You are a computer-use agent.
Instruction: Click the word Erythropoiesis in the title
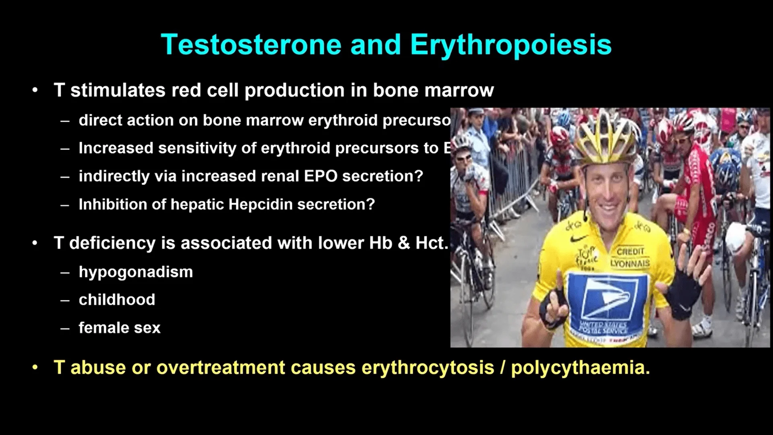coord(511,44)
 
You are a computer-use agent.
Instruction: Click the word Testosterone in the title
coord(251,44)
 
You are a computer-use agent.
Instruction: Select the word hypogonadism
coord(136,272)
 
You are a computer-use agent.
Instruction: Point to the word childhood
coord(117,300)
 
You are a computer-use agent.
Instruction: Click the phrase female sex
coord(119,327)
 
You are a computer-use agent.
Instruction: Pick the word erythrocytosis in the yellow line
coord(428,367)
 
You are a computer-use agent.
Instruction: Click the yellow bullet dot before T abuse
coord(35,367)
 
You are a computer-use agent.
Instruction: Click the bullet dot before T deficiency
coord(35,243)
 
